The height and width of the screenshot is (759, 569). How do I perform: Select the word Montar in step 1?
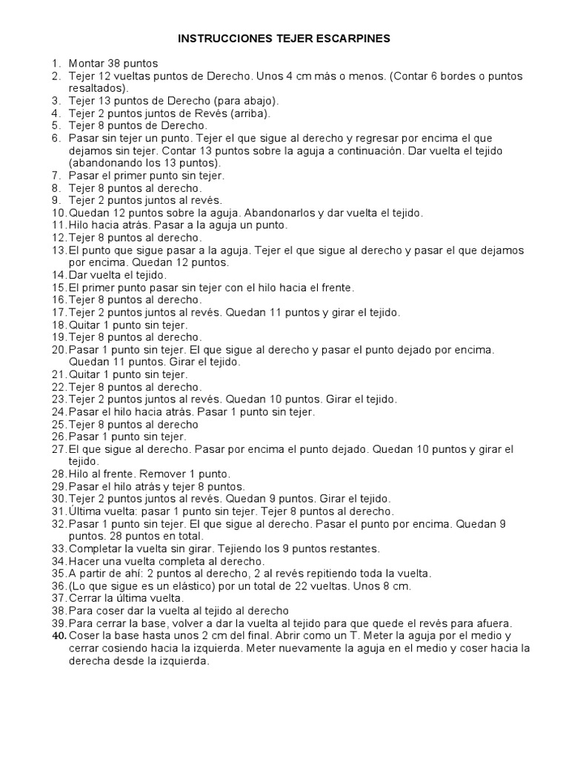(87, 64)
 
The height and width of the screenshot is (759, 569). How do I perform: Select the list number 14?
(59, 275)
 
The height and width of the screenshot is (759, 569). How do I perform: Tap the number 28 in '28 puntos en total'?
(107, 536)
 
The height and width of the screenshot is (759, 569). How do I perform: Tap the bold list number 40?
(59, 636)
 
